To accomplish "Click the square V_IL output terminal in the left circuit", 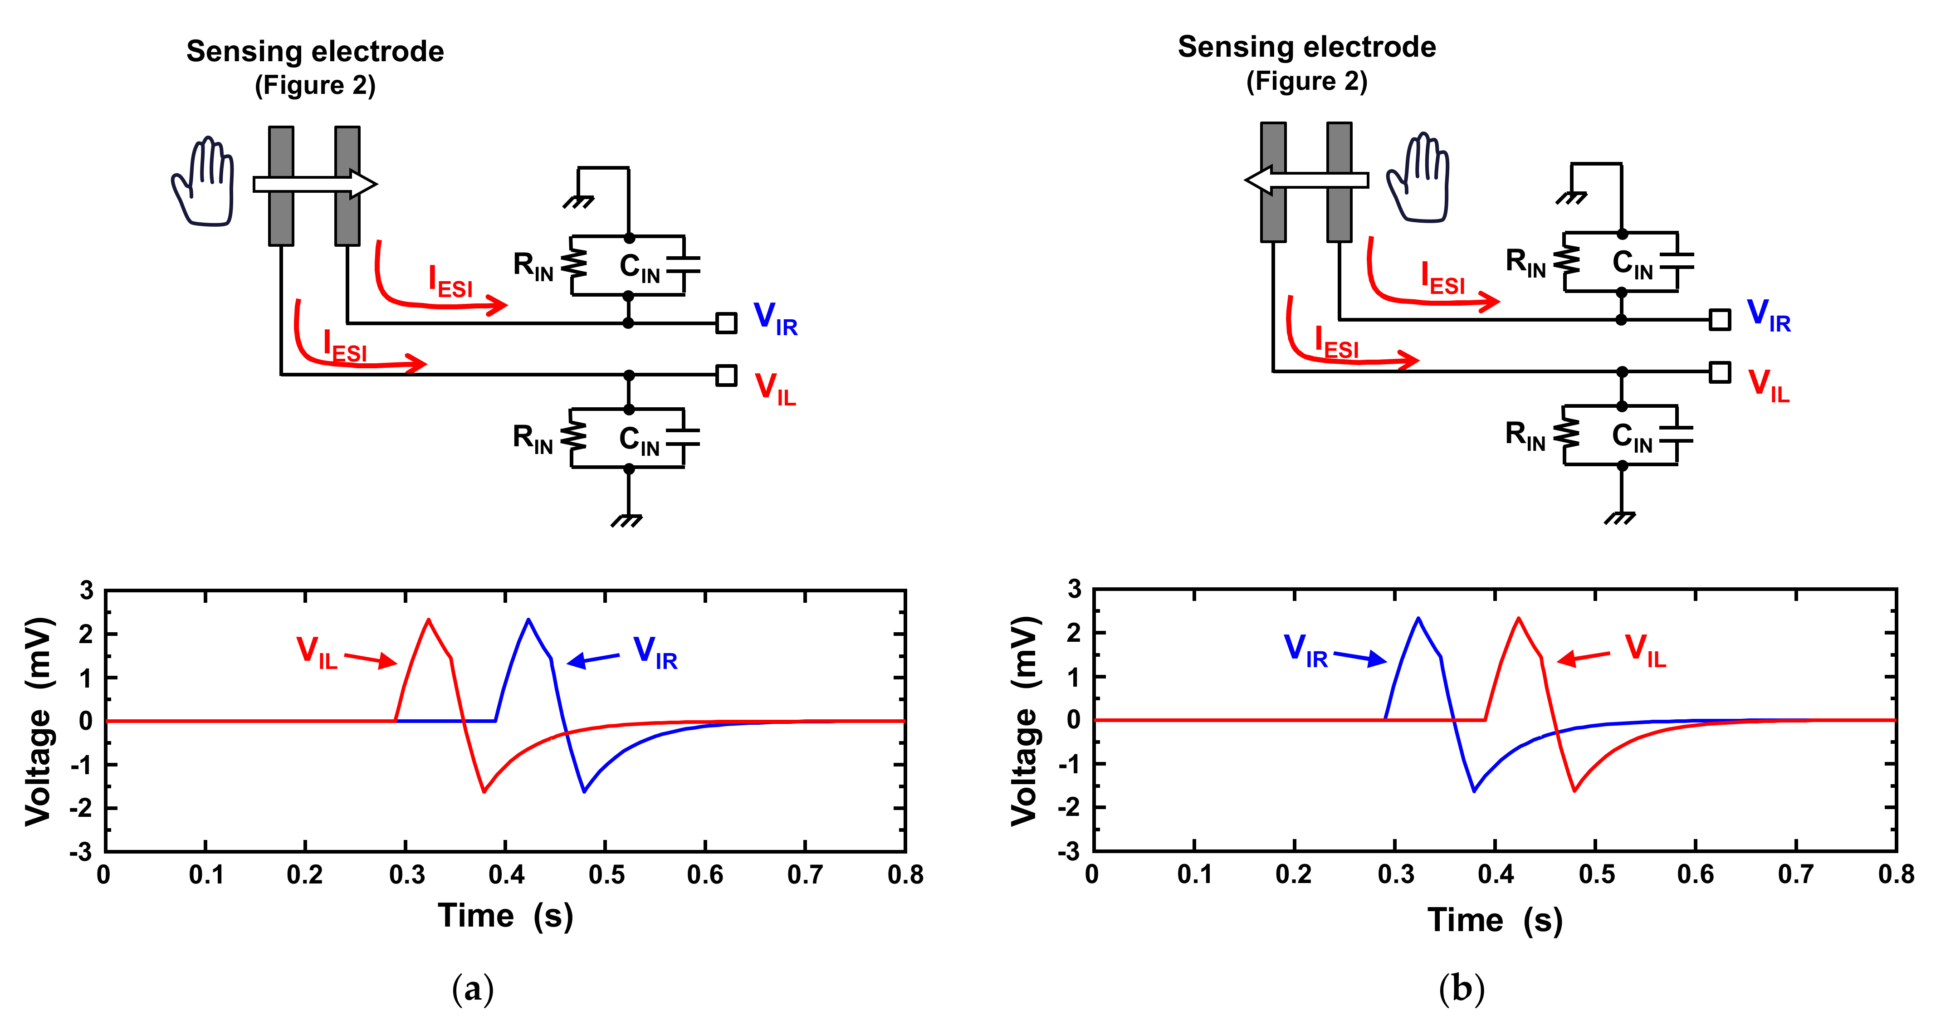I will (726, 375).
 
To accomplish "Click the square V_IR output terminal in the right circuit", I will (1720, 319).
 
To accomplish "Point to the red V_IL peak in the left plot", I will (428, 620).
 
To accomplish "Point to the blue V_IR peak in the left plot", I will (528, 620).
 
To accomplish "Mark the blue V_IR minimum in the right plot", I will (1474, 791).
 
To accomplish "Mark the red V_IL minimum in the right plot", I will (1574, 791).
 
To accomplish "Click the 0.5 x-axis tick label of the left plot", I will (606, 875).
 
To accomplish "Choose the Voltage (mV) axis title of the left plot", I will (39, 722).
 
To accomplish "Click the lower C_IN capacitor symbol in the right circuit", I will (1676, 436).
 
